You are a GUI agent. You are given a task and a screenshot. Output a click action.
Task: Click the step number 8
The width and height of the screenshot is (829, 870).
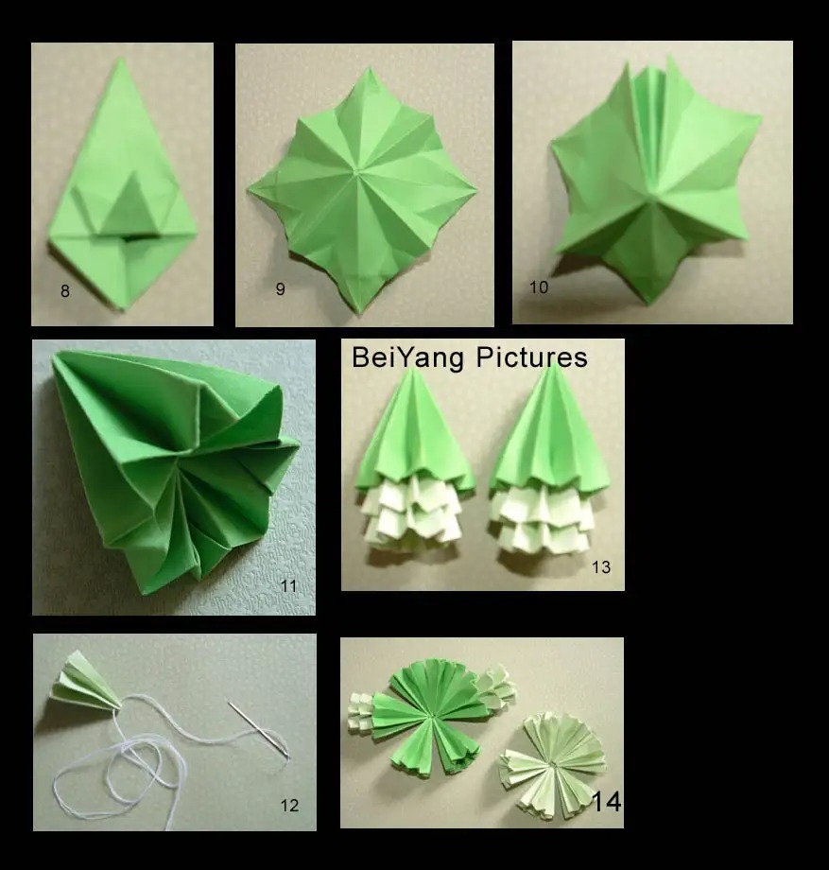point(65,291)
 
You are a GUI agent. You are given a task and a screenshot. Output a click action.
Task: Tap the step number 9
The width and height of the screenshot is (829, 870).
point(280,289)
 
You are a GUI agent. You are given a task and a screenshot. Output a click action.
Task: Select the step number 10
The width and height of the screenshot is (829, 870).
point(539,287)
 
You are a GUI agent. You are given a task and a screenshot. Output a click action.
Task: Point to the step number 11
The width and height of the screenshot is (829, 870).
point(288,586)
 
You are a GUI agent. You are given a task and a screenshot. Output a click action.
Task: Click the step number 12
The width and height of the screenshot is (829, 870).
point(289,805)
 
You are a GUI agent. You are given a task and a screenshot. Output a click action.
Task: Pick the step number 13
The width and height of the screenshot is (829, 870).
point(601,567)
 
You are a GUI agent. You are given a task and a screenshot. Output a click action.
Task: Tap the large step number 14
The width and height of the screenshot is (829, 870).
point(606,801)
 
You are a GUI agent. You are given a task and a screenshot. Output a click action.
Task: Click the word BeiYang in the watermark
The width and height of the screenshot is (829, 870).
point(407,358)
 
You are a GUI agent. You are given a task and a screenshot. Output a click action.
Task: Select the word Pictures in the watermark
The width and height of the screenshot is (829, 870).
point(532,357)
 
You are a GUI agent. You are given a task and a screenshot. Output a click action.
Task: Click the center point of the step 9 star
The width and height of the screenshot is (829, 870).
point(355,175)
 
